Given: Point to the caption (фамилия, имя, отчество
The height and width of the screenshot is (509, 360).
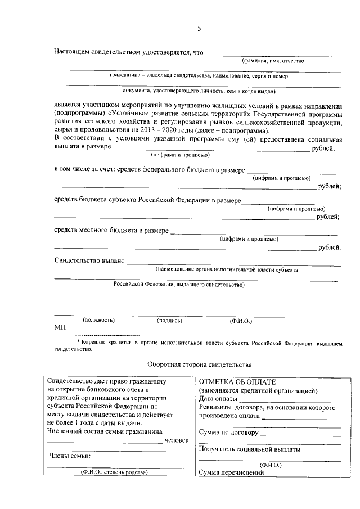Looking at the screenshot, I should pos(273,61).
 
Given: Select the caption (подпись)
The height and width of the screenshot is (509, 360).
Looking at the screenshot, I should pos(169,321).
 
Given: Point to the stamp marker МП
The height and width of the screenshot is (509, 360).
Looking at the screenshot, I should pos(60,327).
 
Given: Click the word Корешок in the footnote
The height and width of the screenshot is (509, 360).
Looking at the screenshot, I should pos(94,341).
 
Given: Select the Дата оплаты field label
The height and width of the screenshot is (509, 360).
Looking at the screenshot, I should pos(218,399).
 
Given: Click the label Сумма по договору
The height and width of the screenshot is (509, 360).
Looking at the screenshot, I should pos(228,433).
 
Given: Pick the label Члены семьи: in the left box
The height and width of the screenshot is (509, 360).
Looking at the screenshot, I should pos(70,456).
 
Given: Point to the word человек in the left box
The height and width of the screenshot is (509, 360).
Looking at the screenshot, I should pos(177,440).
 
